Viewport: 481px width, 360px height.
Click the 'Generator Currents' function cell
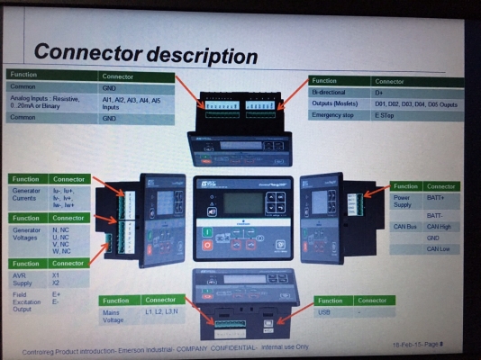point(28,195)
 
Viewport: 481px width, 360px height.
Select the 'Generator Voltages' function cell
point(28,235)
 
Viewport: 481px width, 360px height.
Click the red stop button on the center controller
point(208,244)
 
